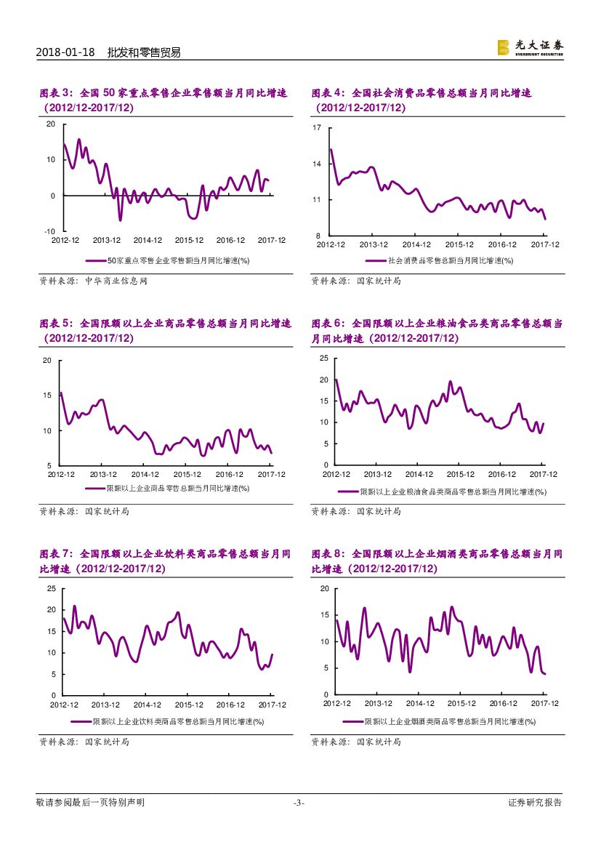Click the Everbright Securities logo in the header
coord(530,47)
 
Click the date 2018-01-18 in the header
coord(65,52)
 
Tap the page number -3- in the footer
coord(299,803)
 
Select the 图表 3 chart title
coord(164,100)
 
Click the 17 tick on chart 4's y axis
coord(317,128)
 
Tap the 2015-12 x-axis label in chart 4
coord(459,245)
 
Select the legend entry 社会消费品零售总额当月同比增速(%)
coord(440,260)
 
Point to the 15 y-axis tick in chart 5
coord(47,396)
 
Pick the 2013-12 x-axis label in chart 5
coord(103,474)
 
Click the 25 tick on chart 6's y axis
coord(323,358)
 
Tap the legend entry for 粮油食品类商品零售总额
coord(442,492)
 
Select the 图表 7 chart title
coord(165,561)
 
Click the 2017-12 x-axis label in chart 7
coord(273,705)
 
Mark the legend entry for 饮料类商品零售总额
coord(167,721)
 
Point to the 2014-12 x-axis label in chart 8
coord(420,704)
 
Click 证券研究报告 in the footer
coord(535,803)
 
